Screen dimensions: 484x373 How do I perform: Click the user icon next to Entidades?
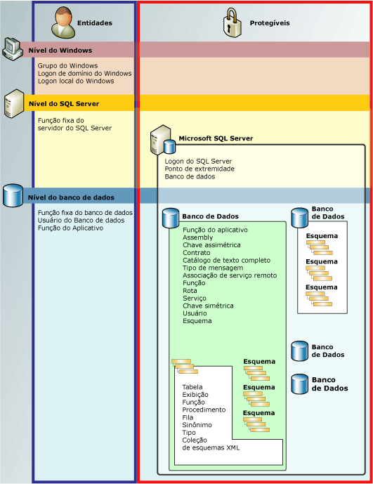pyautogui.click(x=63, y=22)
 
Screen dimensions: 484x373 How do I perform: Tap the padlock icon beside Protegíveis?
pyautogui.click(x=233, y=22)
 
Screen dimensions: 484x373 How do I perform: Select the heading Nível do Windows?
pyautogui.click(x=60, y=51)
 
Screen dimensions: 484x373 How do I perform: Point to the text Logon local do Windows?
pyautogui.click(x=75, y=81)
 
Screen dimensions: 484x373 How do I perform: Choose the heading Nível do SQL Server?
pyautogui.click(x=63, y=104)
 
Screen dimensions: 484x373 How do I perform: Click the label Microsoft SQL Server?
pyautogui.click(x=216, y=138)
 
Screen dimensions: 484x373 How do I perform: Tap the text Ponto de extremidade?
pyautogui.click(x=199, y=169)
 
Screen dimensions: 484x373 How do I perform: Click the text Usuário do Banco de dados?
pyautogui.click(x=81, y=220)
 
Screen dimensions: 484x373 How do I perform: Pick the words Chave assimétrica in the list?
pyautogui.click(x=211, y=245)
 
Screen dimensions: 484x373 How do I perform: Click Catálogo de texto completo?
pyautogui.click(x=226, y=261)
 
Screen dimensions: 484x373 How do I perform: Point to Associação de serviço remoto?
pyautogui.click(x=230, y=276)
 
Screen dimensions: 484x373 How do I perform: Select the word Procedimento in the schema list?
pyautogui.click(x=204, y=410)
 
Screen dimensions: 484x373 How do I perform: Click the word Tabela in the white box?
pyautogui.click(x=192, y=387)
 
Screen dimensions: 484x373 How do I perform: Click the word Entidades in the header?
pyautogui.click(x=94, y=23)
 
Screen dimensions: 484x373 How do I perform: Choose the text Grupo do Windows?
pyautogui.click(x=67, y=65)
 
